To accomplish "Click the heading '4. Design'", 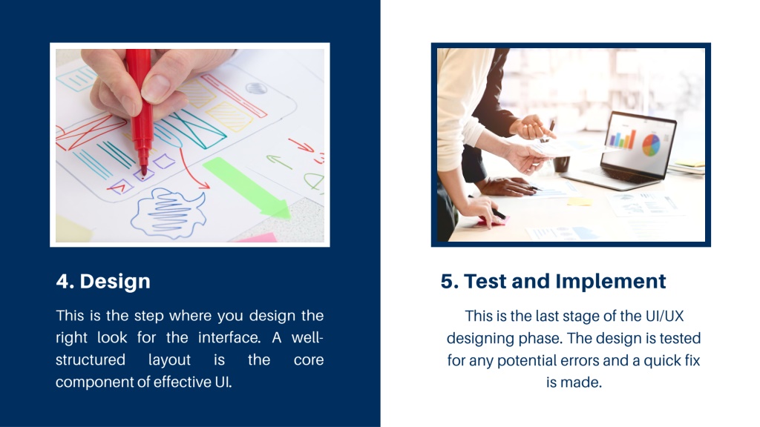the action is (103, 281).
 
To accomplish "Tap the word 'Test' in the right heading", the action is (485, 281).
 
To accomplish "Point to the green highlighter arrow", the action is (247, 188).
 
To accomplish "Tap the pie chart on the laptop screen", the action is (651, 145).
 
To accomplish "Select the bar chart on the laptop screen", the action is (623, 139).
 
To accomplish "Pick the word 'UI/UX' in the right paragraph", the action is (664, 316).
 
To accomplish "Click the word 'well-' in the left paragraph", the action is (307, 337).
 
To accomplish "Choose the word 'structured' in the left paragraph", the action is (90, 360).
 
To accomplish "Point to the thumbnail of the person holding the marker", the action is (190, 145).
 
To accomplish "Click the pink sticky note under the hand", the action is (491, 221).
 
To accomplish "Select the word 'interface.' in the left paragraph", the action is (229, 337).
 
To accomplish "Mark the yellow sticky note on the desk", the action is (580, 202).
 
